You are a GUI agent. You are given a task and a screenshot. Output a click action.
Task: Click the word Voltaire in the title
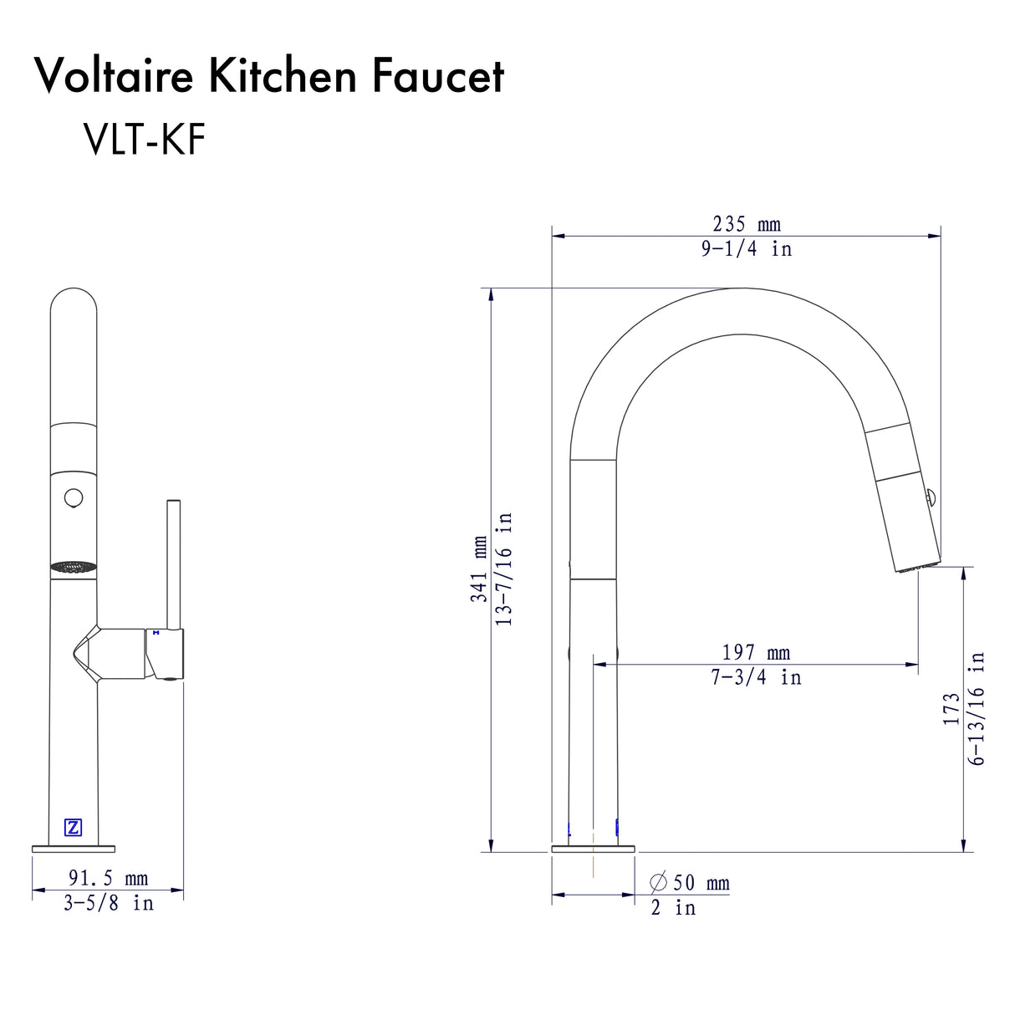click(x=115, y=76)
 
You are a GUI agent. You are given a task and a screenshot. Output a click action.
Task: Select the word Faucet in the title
click(x=437, y=76)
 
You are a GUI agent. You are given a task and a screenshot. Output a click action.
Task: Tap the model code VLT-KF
click(x=144, y=139)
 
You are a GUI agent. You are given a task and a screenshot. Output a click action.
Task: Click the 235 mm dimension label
click(x=746, y=224)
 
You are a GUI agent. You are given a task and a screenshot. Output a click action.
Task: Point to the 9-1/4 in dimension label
click(x=746, y=248)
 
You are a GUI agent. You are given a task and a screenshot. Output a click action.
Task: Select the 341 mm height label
click(x=479, y=569)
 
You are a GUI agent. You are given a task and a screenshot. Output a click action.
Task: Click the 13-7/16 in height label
click(x=504, y=569)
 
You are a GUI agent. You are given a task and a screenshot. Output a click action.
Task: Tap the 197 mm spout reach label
click(x=756, y=652)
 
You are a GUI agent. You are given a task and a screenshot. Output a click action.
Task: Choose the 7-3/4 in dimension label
click(x=756, y=677)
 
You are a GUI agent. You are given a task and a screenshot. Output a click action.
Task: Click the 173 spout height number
click(x=951, y=708)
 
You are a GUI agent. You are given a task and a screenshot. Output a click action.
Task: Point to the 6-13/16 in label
click(x=977, y=708)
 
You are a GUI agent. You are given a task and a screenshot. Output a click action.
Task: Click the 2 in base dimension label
click(x=673, y=908)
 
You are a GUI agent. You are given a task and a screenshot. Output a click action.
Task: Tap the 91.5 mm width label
click(x=108, y=878)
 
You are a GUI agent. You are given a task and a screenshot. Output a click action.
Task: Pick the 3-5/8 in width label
click(x=108, y=903)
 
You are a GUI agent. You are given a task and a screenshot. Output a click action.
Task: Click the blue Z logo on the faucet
click(x=74, y=828)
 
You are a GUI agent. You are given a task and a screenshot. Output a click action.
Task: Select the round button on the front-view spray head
click(x=74, y=498)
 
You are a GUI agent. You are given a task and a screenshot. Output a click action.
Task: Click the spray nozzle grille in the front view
click(x=74, y=568)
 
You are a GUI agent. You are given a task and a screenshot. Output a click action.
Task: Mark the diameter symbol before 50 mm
click(x=659, y=883)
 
